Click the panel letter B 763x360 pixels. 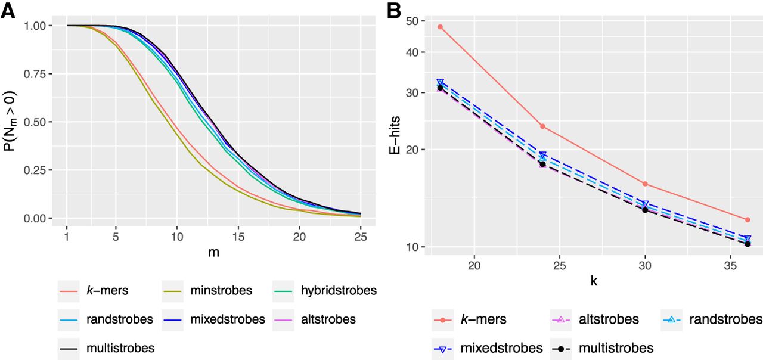(x=394, y=10)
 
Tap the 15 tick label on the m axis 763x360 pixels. (x=238, y=237)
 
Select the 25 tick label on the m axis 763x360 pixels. (x=361, y=237)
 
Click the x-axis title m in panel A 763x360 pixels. (x=213, y=253)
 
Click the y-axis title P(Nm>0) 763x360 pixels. (x=11, y=122)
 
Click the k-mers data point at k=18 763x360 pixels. (x=440, y=27)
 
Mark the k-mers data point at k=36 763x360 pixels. (x=748, y=220)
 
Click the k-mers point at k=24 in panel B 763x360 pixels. (x=542, y=126)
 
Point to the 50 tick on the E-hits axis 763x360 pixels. (x=410, y=21)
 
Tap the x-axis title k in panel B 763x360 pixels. (x=594, y=281)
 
